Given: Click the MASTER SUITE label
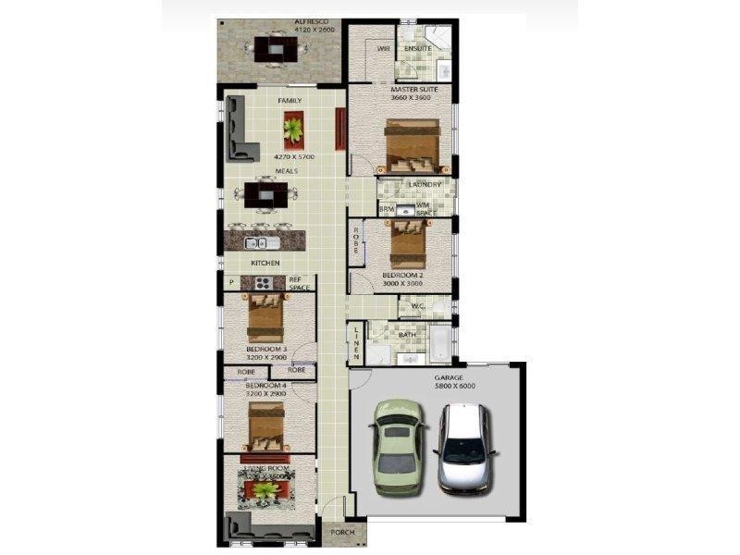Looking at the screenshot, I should point(401,89).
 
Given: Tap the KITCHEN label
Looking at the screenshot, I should point(265,264).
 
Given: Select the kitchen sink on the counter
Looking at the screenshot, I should point(262,243).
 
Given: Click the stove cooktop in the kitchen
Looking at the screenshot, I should point(263,283).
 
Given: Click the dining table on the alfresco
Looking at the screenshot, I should point(277,48).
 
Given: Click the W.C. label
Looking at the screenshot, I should point(417,306).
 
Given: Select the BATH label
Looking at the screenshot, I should point(407,335).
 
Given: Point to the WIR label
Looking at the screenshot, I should point(383,49).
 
